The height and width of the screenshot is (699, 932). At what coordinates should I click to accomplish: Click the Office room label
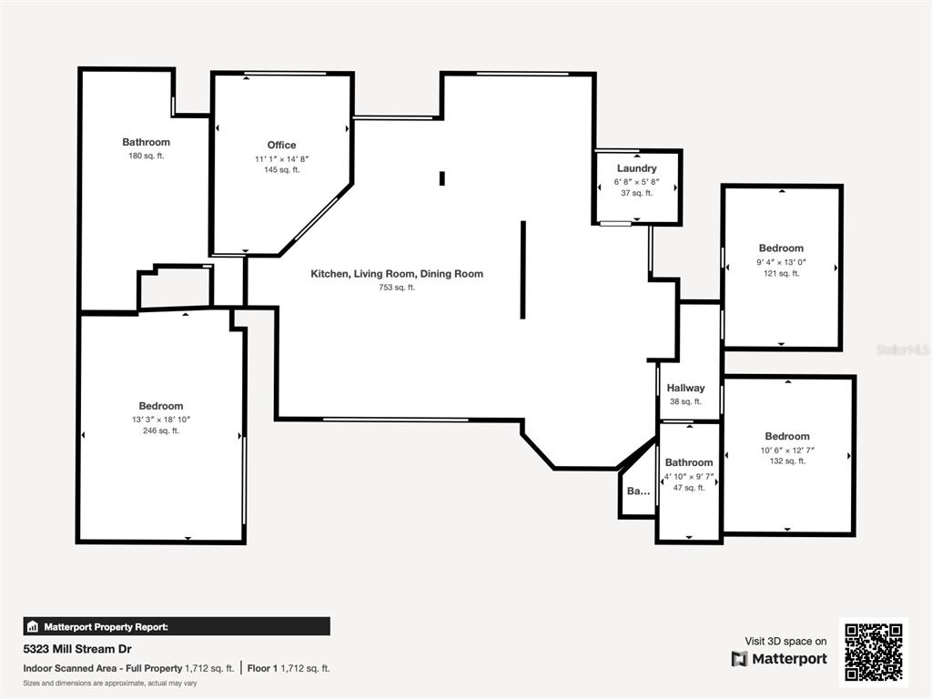281,145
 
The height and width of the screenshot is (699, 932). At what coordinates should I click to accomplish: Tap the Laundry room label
636,168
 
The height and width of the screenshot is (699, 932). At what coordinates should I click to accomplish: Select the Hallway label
685,388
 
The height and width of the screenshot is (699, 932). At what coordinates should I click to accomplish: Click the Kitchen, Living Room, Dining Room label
397,273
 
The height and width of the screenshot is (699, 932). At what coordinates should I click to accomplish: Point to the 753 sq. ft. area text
397,288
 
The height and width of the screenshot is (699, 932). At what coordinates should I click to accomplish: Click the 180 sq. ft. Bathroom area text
147,156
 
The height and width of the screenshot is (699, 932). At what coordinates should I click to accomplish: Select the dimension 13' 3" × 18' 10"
161,420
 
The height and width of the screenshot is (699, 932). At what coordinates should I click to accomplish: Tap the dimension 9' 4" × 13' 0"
781,262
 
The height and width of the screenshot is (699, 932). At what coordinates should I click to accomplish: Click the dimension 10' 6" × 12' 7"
787,450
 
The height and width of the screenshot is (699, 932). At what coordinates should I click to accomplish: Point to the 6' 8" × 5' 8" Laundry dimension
636,182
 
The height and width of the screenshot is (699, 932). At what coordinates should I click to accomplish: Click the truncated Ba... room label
638,491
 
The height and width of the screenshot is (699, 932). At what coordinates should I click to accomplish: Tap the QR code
874,652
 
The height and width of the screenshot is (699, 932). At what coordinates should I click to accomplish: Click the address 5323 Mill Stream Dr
77,649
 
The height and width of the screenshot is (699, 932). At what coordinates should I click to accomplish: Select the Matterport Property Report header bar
177,626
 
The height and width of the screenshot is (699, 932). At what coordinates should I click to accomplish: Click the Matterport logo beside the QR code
779,659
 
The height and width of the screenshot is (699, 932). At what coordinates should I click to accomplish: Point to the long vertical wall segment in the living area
523,269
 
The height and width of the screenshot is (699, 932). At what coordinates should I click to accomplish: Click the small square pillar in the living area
442,178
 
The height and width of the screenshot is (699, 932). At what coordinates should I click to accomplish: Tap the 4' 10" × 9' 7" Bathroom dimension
689,476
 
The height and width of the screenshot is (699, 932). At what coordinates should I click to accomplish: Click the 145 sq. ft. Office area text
282,170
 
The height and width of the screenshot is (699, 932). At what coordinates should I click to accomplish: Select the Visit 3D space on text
785,642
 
